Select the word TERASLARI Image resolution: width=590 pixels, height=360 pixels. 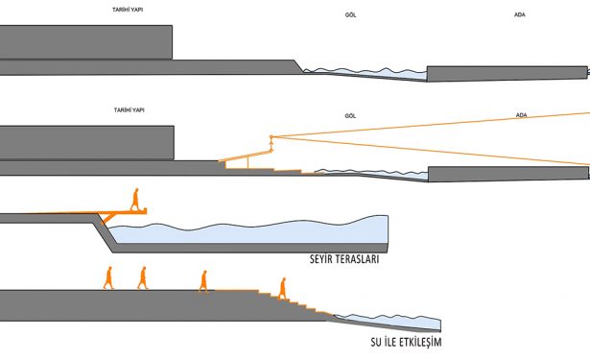pyautogui.click(x=357, y=259)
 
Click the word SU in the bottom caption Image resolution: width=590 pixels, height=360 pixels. pyautogui.click(x=375, y=342)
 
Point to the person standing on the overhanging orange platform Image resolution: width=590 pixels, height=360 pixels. pyautogui.click(x=134, y=200)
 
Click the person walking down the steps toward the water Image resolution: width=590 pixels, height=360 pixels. pyautogui.click(x=282, y=288)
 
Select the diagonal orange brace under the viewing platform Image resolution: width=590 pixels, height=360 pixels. pyautogui.click(x=108, y=219)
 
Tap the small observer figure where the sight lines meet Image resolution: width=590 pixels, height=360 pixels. pyautogui.click(x=271, y=142)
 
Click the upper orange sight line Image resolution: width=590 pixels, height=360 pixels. pyautogui.click(x=431, y=124)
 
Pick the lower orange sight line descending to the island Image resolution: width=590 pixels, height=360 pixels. pyautogui.click(x=431, y=151)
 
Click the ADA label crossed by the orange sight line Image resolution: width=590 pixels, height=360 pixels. pyautogui.click(x=521, y=115)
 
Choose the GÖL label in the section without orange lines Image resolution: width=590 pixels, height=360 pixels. pyautogui.click(x=350, y=15)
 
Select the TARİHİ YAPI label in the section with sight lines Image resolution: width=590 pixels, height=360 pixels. pyautogui.click(x=130, y=110)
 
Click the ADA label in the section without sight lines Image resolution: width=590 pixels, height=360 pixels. pyautogui.click(x=520, y=14)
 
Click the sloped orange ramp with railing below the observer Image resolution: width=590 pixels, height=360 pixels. pyautogui.click(x=246, y=156)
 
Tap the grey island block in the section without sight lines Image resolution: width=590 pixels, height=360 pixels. pyautogui.click(x=507, y=73)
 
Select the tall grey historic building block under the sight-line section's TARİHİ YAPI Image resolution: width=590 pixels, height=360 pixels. pyautogui.click(x=87, y=143)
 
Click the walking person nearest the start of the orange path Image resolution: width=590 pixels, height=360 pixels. pyautogui.click(x=203, y=281)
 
